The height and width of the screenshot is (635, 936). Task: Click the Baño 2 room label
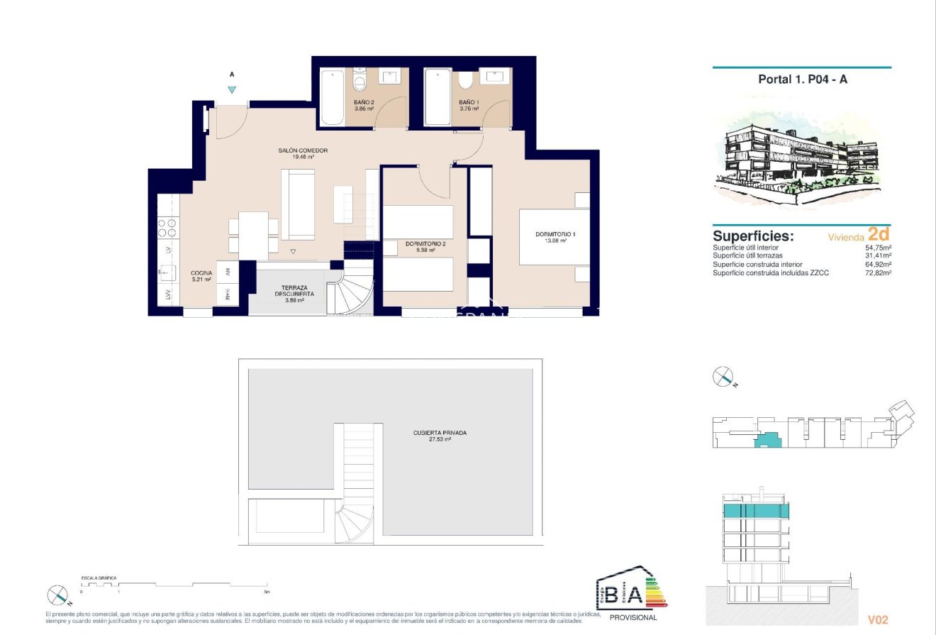[x=364, y=103]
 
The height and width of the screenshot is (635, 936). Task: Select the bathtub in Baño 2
[x=333, y=97]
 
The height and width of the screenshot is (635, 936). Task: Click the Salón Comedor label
[x=302, y=150]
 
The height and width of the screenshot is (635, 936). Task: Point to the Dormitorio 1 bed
[x=554, y=236]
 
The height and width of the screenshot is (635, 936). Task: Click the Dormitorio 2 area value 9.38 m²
[x=425, y=250]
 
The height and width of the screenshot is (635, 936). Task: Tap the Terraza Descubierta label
[x=289, y=291]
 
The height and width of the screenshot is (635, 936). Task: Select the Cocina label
[x=201, y=273]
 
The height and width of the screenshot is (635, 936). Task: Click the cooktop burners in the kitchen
[x=167, y=228]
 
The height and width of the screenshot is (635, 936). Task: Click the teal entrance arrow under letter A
[x=232, y=90]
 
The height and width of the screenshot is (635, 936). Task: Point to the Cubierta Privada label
[x=440, y=433]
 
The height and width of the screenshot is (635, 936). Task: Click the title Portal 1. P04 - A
[x=802, y=79]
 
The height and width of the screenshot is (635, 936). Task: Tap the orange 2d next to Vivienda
[x=878, y=234]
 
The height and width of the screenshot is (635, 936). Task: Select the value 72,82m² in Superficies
[x=878, y=273]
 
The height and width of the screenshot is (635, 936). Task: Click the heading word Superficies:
[x=753, y=236]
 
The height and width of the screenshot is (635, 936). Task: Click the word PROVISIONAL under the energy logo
[x=633, y=617]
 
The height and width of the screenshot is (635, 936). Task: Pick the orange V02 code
[x=878, y=620]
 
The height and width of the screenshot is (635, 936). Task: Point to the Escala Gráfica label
[x=99, y=578]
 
